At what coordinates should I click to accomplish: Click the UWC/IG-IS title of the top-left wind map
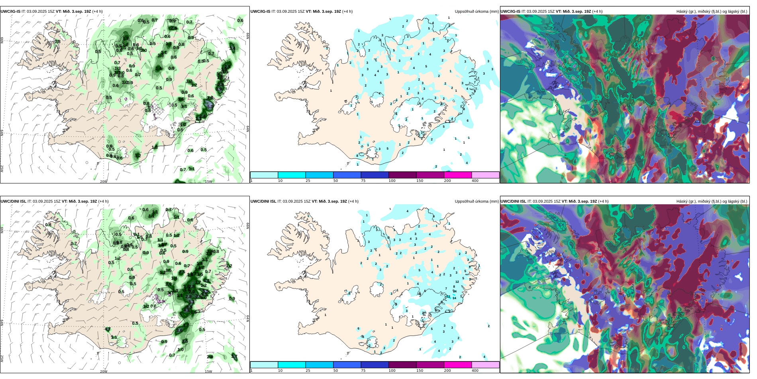(10, 12)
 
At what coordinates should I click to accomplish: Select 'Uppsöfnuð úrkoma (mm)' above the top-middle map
(477, 12)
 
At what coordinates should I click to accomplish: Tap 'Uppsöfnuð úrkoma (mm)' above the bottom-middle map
(477, 201)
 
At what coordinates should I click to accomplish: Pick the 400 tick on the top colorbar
(475, 181)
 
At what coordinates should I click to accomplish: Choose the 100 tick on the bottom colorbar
(392, 371)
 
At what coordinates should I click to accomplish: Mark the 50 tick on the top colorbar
(335, 181)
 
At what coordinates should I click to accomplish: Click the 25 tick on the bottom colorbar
(308, 371)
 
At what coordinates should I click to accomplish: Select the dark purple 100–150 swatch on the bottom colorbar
(402, 365)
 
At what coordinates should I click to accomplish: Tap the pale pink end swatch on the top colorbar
(485, 175)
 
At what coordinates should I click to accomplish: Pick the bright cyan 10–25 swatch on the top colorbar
(292, 175)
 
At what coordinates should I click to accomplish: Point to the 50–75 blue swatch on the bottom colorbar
(347, 365)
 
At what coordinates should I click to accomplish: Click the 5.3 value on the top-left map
(210, 107)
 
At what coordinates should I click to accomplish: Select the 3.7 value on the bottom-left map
(234, 357)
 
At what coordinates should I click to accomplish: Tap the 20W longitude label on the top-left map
(104, 182)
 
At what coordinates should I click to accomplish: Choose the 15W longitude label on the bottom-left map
(208, 371)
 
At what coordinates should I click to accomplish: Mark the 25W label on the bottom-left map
(2, 358)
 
